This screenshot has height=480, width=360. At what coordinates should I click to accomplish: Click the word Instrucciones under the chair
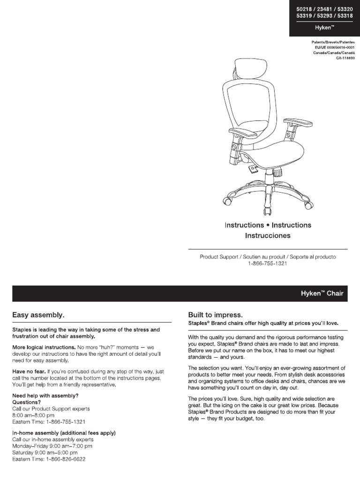click(268, 235)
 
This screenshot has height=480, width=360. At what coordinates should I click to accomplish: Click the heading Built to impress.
click(216, 315)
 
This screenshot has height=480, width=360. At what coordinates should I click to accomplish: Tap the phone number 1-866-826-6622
click(65, 459)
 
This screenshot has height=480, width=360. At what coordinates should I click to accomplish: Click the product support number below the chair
click(267, 264)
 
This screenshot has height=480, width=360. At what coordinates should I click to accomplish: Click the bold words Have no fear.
click(29, 371)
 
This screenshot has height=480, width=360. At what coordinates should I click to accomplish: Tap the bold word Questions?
click(26, 402)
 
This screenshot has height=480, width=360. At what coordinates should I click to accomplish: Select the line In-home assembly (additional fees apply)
click(64, 433)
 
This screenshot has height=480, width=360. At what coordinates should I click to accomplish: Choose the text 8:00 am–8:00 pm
click(33, 415)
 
